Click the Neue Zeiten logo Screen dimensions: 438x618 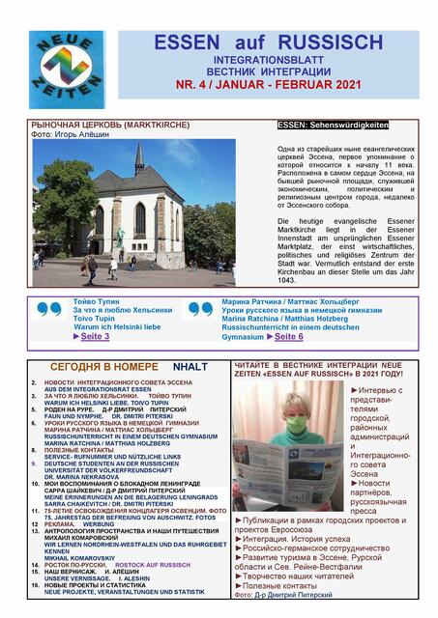click(x=67, y=69)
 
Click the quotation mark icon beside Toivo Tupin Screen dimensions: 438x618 click(x=49, y=310)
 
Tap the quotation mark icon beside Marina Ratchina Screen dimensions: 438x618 click(x=200, y=310)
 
